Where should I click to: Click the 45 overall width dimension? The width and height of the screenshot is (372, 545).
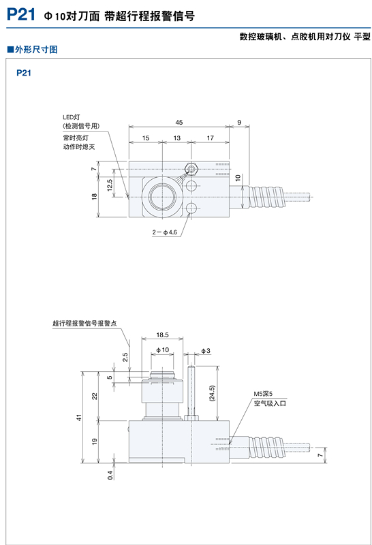click(179, 123)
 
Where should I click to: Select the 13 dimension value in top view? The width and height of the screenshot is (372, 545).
click(176, 138)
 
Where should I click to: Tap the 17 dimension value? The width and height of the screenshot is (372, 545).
click(210, 138)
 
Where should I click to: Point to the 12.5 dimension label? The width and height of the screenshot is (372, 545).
click(110, 185)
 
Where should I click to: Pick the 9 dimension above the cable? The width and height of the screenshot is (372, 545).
click(239, 123)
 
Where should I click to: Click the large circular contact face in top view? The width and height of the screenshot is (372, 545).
click(163, 198)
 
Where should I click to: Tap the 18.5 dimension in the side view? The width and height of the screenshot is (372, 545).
click(162, 335)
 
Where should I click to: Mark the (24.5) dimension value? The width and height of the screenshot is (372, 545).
click(212, 394)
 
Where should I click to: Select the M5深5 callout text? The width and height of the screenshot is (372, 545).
click(263, 394)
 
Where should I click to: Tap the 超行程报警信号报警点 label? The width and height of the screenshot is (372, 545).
click(85, 324)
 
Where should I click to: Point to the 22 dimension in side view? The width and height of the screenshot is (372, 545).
click(95, 396)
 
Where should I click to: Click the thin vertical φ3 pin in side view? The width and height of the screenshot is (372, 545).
click(193, 392)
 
